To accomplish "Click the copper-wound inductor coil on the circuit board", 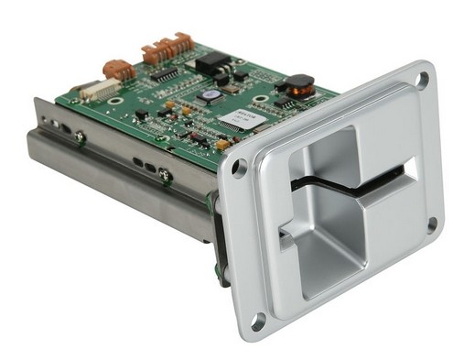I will click(297, 87).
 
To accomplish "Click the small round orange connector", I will click(119, 68).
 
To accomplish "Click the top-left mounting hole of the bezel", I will click(239, 169).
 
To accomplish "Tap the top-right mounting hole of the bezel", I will click(424, 81).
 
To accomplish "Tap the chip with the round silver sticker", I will click(211, 94).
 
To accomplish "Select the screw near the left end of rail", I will click(81, 136).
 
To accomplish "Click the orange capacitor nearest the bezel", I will click(222, 144).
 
